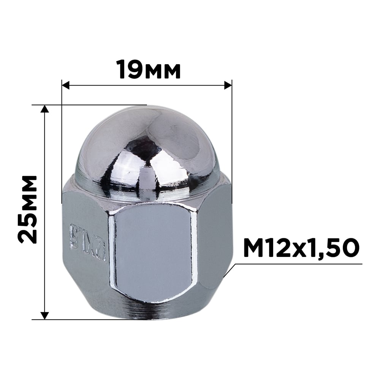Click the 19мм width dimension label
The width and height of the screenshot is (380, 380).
pos(148,69)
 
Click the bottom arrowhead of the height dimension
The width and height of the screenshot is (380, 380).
pos(45,315)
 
